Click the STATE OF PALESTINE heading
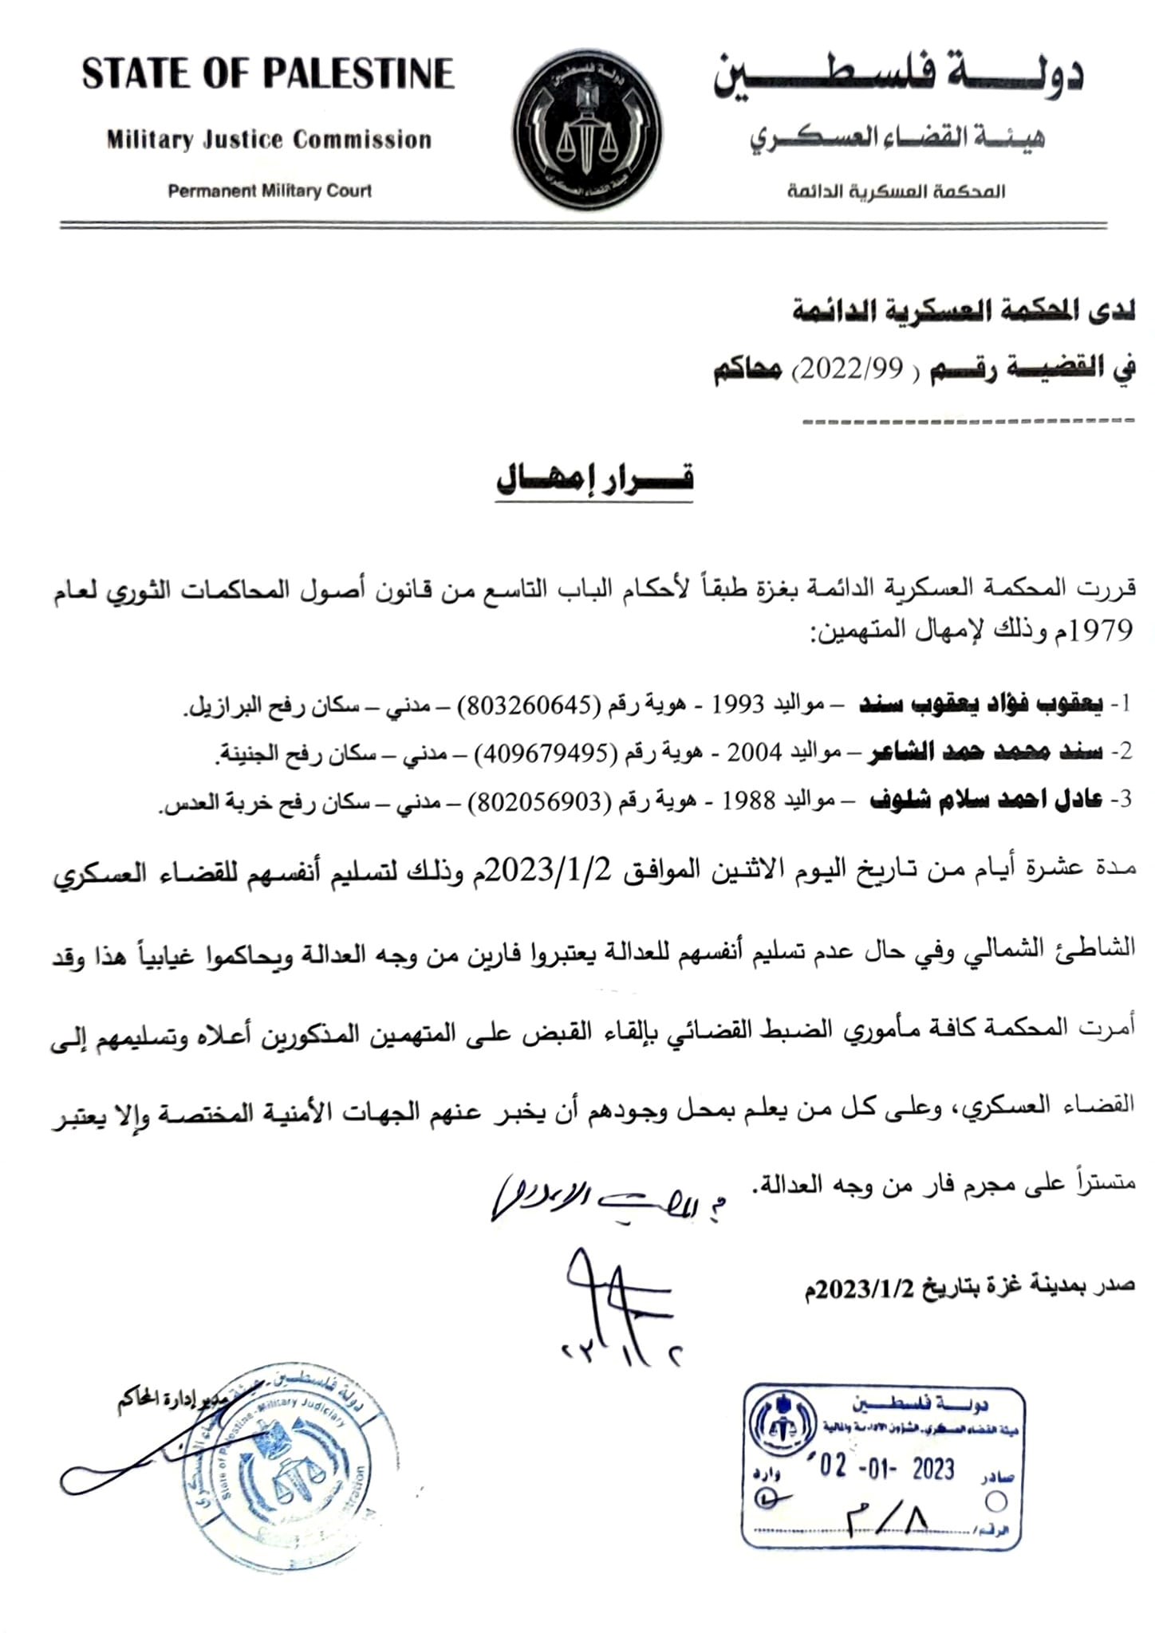coord(268,74)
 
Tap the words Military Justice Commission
coord(269,140)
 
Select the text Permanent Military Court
coord(270,191)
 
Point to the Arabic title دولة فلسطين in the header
coord(897,77)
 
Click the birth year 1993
coord(738,705)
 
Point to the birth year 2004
coord(753,753)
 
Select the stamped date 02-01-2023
coord(886,1468)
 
